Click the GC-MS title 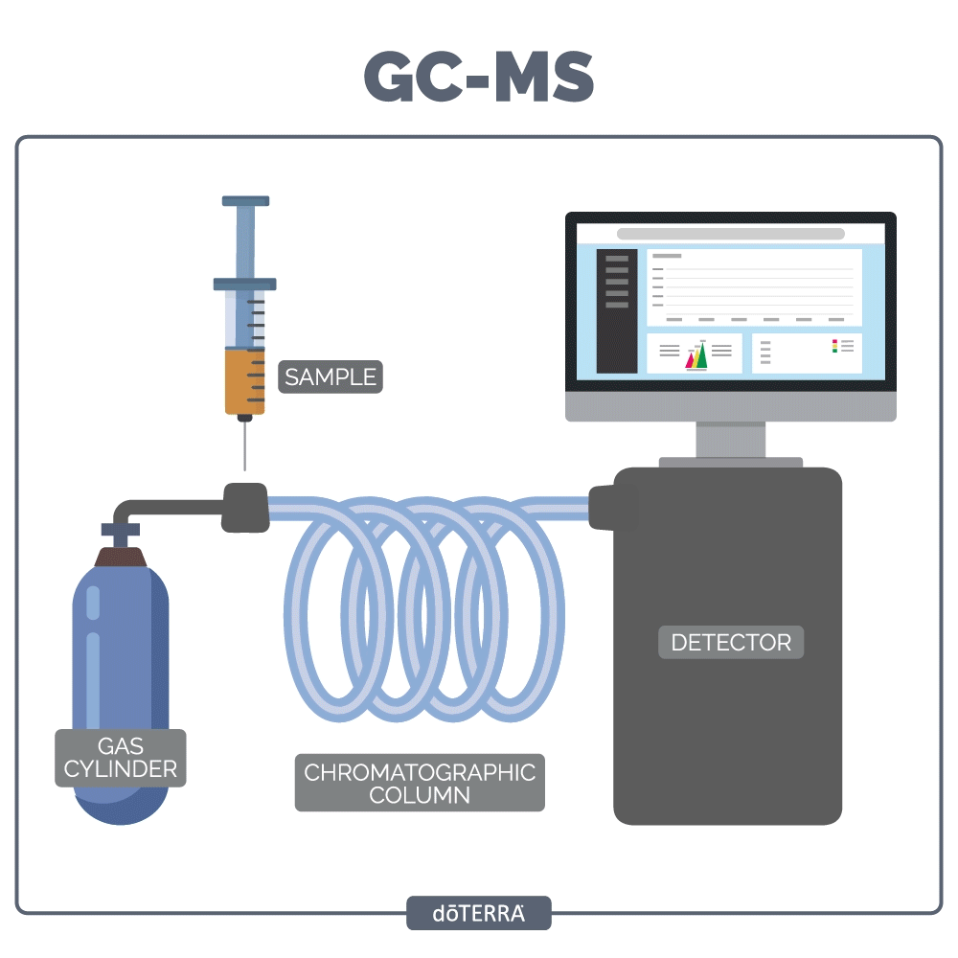coord(479,77)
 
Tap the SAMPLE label coord(331,376)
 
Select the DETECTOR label coord(731,642)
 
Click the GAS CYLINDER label coord(121,758)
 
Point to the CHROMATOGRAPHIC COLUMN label coord(420,783)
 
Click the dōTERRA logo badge coord(479,913)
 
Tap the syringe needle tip coord(245,467)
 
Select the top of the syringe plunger coord(245,201)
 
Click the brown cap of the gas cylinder coord(121,557)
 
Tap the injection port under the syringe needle coord(245,506)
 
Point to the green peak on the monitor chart coord(702,355)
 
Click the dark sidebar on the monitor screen coord(617,310)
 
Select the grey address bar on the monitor coord(730,234)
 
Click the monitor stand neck coord(730,440)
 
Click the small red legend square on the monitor coord(834,341)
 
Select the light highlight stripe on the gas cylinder coord(93,671)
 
